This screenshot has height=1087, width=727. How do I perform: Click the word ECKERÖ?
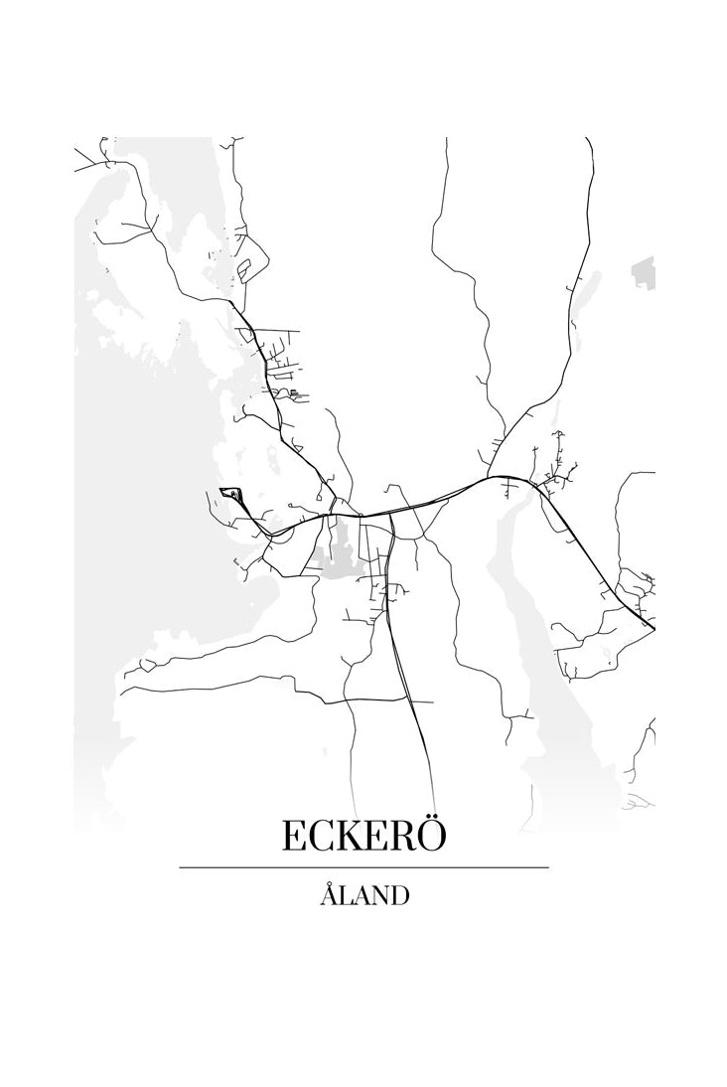click(363, 836)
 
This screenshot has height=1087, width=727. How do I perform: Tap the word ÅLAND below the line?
click(363, 895)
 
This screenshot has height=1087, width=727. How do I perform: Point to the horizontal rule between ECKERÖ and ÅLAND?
click(363, 867)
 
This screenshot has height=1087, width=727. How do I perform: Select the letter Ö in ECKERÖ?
click(431, 835)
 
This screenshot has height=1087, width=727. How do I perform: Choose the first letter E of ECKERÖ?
click(294, 837)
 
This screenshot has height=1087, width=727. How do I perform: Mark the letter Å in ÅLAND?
click(329, 894)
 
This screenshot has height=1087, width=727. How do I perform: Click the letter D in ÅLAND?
click(397, 896)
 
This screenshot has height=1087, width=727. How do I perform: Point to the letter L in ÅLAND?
click(344, 896)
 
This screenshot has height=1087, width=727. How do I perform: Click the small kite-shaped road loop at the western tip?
click(230, 493)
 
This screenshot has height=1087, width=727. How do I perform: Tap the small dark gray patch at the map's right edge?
click(646, 269)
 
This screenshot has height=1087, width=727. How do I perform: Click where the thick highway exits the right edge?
click(653, 627)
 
